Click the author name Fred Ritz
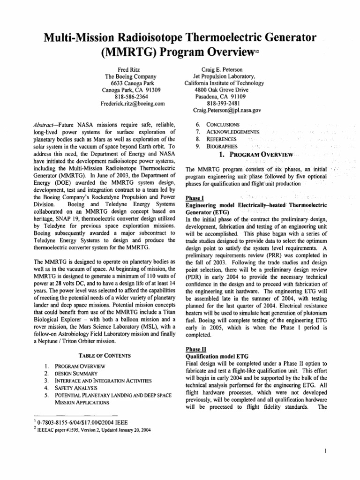pos(133,69)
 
